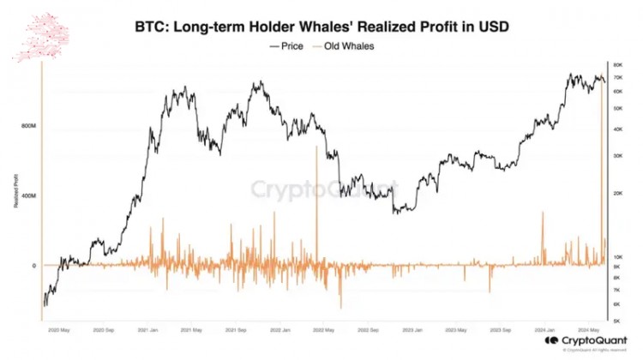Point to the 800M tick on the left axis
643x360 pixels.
[x=28, y=126]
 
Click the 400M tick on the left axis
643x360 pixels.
[x=28, y=195]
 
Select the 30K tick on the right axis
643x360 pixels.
[x=617, y=156]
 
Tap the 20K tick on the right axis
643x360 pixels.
[x=617, y=195]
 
